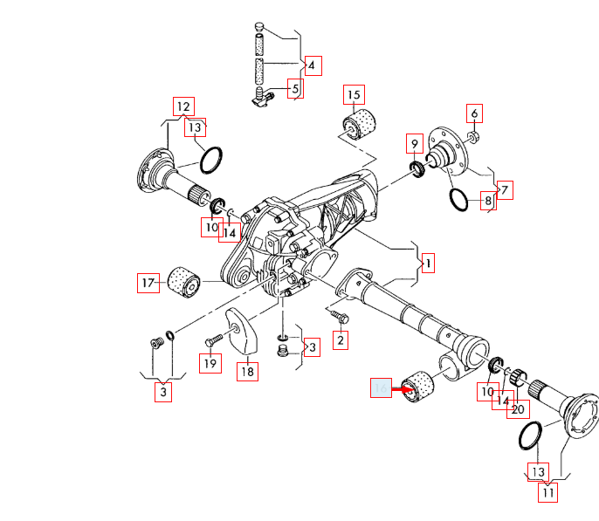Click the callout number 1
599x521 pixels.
point(429,262)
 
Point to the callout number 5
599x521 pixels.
point(295,88)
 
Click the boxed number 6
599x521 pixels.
point(474,113)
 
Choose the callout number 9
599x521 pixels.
point(416,142)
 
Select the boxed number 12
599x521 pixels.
point(182,106)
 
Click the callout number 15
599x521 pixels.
point(354,95)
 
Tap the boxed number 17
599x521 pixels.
point(148,283)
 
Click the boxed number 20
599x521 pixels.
point(518,409)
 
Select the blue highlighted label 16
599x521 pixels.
point(381,389)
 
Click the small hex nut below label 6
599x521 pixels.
point(472,137)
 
